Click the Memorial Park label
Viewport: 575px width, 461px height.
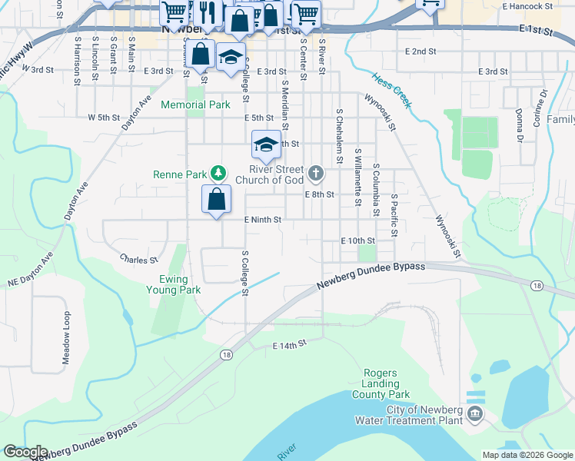[196, 104]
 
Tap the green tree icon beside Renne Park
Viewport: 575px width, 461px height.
[218, 174]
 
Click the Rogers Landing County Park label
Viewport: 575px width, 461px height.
[380, 383]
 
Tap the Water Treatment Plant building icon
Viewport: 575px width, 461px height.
[475, 415]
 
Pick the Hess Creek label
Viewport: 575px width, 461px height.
[391, 91]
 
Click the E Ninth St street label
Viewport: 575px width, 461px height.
[264, 220]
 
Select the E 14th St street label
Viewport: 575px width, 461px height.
[289, 347]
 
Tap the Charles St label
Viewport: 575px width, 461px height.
[138, 260]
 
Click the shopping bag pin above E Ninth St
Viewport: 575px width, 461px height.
[217, 199]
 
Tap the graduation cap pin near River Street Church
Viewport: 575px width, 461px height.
[265, 144]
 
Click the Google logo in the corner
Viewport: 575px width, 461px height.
[25, 452]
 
